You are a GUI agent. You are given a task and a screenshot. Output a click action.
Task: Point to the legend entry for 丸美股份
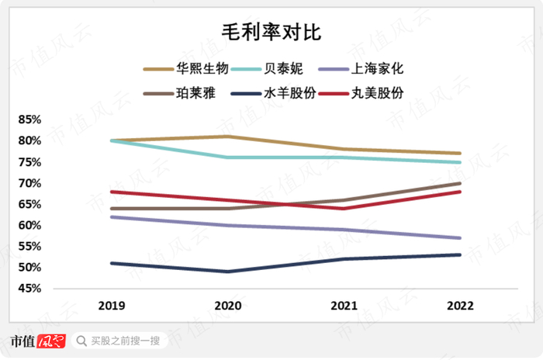(396, 92)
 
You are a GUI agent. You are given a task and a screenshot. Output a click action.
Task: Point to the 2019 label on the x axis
(113, 306)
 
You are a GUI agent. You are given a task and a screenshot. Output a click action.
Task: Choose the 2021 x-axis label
(344, 306)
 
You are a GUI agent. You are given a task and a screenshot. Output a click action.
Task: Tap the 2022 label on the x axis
(460, 306)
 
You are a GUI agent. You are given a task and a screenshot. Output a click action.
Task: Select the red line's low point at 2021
(344, 208)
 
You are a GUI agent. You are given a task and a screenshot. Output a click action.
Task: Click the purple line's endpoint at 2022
(460, 238)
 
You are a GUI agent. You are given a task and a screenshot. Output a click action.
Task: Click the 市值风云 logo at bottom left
(37, 341)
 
